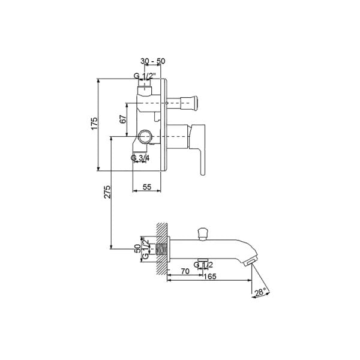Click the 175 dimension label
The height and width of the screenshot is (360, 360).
pos(94,123)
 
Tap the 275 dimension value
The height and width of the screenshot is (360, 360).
pos(107,192)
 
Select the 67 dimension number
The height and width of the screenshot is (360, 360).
pos(123,119)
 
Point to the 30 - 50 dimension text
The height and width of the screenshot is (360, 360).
pos(152,61)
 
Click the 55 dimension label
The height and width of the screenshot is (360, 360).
pos(147,187)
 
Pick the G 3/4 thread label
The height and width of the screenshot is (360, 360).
pos(140,158)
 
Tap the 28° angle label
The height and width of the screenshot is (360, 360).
pos(260,292)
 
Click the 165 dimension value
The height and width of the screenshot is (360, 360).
pos(210,277)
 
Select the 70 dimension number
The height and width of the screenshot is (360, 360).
pos(185,271)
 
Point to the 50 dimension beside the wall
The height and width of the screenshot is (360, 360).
pos(137,248)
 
